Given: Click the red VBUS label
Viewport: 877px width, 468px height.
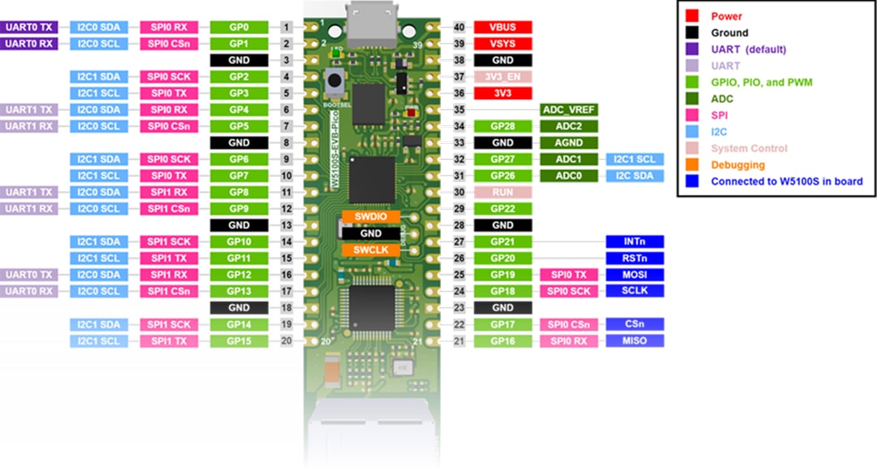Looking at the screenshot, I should coord(502,27).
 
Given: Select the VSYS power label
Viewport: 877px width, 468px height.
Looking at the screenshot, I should coord(502,43).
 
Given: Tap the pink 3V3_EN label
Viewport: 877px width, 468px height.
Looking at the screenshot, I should coord(502,76).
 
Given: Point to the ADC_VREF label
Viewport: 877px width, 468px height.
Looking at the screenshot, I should coord(569,110).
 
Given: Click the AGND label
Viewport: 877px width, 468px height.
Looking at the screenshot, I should coord(569,142).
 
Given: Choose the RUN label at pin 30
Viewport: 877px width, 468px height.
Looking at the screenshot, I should coord(502,193).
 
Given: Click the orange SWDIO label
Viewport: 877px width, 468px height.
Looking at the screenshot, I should coord(370,217).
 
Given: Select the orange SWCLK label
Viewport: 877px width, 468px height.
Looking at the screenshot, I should coord(370,249).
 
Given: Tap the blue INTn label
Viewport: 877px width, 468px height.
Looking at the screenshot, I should coord(635,241).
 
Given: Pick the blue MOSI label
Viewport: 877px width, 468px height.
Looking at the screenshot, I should coord(635,275).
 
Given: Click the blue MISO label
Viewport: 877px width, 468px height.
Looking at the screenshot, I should coord(635,340).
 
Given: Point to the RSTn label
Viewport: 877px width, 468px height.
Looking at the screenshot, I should coord(635,258).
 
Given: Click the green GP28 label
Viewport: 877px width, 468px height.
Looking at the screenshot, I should coord(502,126).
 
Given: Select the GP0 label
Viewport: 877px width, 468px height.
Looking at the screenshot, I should coord(239,27).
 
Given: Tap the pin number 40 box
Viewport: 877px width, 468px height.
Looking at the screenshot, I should coord(459,27).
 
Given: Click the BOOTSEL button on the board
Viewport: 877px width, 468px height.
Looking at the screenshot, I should coord(331,81).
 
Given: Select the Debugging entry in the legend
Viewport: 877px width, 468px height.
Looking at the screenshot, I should coord(737,165).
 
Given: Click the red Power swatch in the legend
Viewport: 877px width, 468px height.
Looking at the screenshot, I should coord(693,16).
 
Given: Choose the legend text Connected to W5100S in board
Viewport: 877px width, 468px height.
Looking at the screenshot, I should coord(786,181).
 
